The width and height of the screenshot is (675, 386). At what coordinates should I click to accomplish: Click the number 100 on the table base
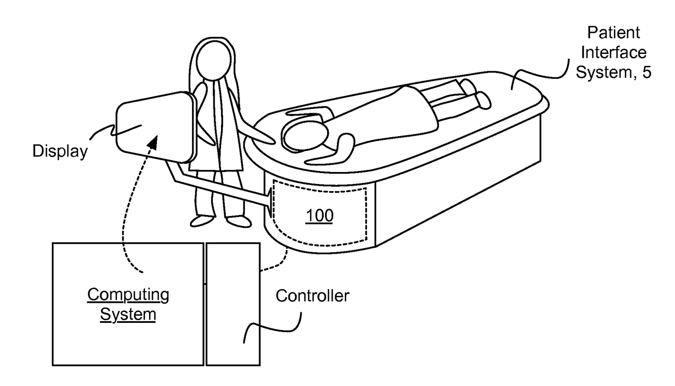[319, 216]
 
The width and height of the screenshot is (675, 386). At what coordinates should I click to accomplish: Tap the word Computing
[128, 295]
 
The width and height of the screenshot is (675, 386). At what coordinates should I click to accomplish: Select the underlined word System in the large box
[128, 314]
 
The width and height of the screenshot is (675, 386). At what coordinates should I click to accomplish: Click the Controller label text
[312, 296]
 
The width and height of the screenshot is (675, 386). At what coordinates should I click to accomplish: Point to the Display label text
[59, 151]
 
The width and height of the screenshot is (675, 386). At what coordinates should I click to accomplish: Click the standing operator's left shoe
[201, 221]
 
